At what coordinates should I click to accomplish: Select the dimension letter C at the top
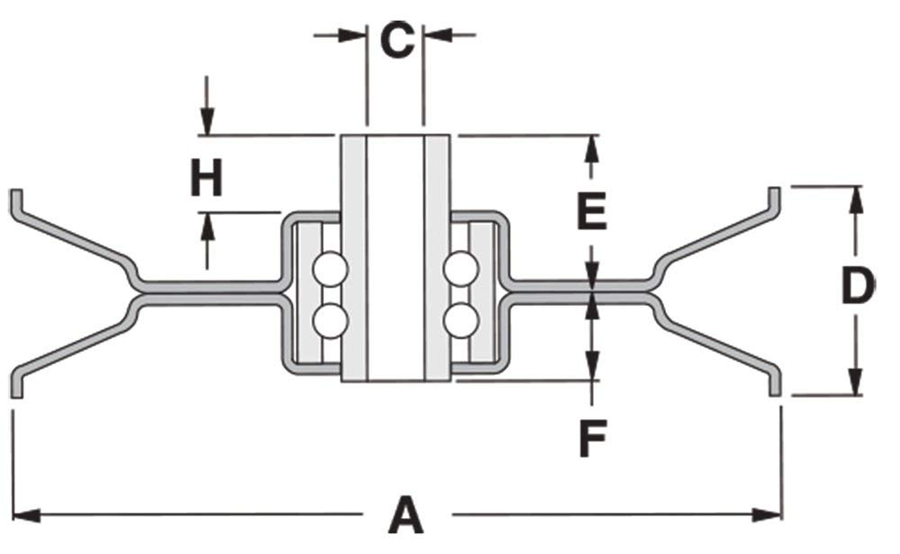point(396,40)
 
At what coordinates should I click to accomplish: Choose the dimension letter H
point(206,177)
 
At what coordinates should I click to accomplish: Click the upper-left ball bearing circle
point(330,268)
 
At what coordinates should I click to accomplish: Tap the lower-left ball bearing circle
point(330,319)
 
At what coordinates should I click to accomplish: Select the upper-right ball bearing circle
point(461,268)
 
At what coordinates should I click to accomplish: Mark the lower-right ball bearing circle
point(461,319)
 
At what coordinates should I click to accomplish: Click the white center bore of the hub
point(395,256)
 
